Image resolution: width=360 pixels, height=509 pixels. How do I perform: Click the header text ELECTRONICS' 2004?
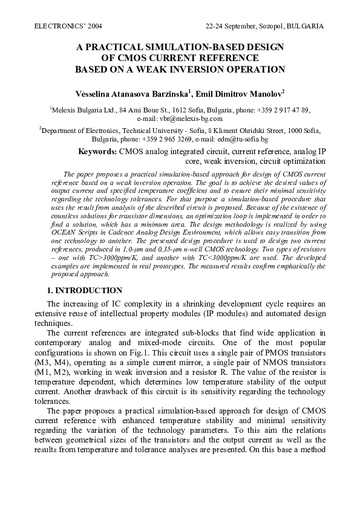click(x=65, y=27)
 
